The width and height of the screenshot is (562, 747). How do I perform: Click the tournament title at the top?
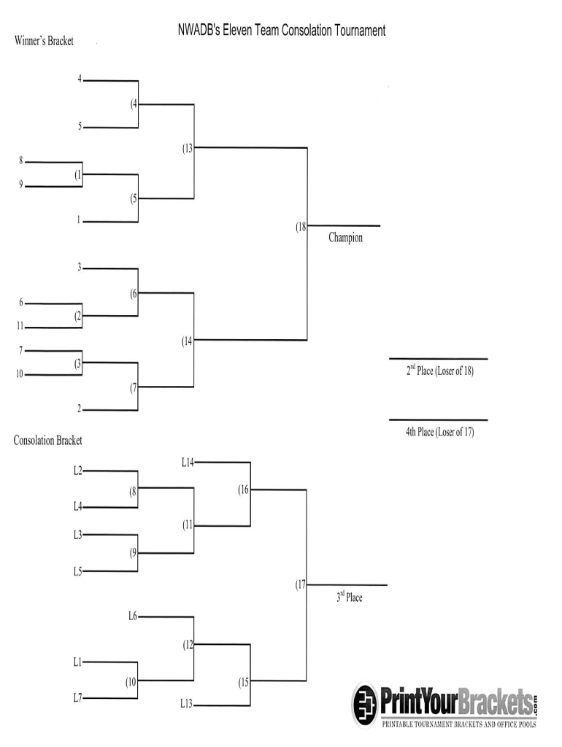tap(282, 31)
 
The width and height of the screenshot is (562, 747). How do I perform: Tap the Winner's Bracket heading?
tap(44, 42)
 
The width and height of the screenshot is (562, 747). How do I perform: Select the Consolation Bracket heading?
tap(48, 441)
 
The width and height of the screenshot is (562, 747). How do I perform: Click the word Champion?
tap(345, 238)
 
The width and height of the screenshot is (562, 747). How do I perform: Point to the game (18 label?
tap(301, 227)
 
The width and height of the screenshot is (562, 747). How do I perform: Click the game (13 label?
tap(188, 149)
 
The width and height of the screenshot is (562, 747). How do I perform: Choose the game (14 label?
tap(188, 341)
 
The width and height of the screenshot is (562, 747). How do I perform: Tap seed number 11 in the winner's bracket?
tap(20, 326)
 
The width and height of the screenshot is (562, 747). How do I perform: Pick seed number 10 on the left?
tap(20, 374)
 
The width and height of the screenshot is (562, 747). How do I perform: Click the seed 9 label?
tap(21, 185)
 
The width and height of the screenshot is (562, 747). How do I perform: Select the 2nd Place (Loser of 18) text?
tap(439, 371)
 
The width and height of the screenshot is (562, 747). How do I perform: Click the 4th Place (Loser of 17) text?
tap(439, 433)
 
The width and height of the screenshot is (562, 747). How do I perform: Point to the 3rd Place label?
tap(349, 597)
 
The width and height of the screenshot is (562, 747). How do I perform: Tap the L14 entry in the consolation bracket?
tap(188, 462)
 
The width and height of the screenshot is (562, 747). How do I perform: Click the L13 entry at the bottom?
tap(187, 704)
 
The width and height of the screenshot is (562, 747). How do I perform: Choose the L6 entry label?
tap(132, 616)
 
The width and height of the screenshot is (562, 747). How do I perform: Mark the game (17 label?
tap(301, 585)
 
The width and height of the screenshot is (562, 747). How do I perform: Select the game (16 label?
tap(244, 490)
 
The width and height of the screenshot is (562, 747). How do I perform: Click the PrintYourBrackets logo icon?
tap(366, 704)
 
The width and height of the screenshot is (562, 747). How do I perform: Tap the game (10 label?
tap(131, 683)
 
